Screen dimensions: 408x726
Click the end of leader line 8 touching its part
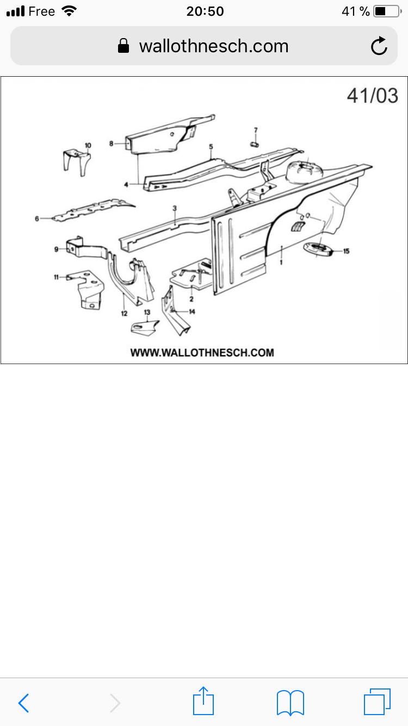tap(127, 143)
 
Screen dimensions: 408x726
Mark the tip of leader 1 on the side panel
tap(282, 247)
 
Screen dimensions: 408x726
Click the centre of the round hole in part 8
tap(172, 134)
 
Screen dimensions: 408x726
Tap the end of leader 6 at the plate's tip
tap(53, 219)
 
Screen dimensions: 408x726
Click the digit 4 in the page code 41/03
tap(353, 96)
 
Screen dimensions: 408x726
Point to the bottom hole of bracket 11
tap(92, 305)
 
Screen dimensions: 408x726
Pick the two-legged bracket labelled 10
tap(77, 162)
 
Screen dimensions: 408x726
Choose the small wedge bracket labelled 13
tap(145, 328)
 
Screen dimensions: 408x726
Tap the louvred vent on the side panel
tap(298, 226)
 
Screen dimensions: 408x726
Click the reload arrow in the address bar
tap(379, 46)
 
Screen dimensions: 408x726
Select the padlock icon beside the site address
tap(123, 46)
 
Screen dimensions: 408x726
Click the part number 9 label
tap(57, 249)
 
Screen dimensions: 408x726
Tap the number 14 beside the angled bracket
tap(192, 311)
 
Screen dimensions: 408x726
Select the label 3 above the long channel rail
tap(175, 208)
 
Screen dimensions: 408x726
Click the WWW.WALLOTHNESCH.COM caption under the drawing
tap(202, 353)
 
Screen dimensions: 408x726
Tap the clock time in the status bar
tap(205, 11)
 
